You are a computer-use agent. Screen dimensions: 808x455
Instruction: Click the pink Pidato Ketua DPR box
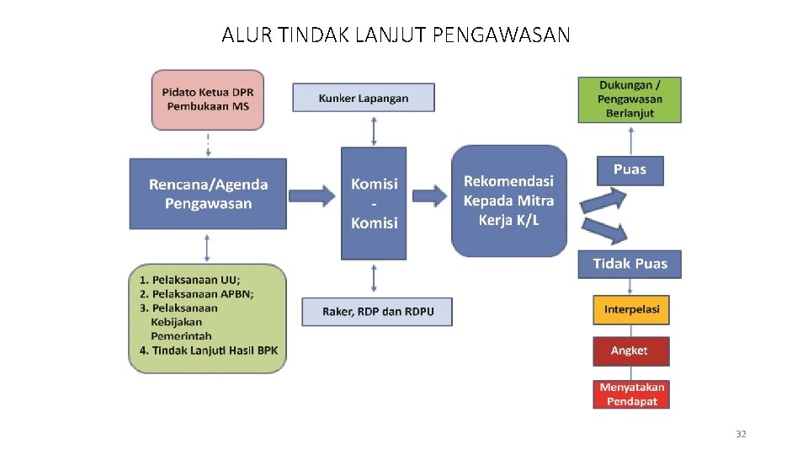[x=208, y=99]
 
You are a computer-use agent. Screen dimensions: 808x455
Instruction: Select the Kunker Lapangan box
[x=363, y=98]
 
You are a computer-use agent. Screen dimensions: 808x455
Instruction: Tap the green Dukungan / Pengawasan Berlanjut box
[x=630, y=99]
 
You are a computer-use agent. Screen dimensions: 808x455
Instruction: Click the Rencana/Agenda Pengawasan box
[x=208, y=194]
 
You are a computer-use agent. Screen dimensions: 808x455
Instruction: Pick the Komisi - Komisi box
[x=374, y=203]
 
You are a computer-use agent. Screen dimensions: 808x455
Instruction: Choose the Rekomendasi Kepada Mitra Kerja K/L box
[x=508, y=201]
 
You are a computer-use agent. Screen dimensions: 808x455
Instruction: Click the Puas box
[x=630, y=170]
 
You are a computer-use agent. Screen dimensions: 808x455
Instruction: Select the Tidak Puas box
[x=630, y=264]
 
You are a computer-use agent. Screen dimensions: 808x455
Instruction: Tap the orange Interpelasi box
[x=631, y=309]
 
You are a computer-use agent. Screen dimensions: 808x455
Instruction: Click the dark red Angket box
[x=631, y=351]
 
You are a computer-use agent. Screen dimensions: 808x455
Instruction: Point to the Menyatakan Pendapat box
[x=631, y=394]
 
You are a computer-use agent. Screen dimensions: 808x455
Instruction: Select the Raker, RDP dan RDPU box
[x=377, y=312]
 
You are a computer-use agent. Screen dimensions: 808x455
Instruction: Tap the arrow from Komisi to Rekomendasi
[x=429, y=196]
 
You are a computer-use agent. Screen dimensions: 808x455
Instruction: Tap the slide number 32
[x=741, y=434]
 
